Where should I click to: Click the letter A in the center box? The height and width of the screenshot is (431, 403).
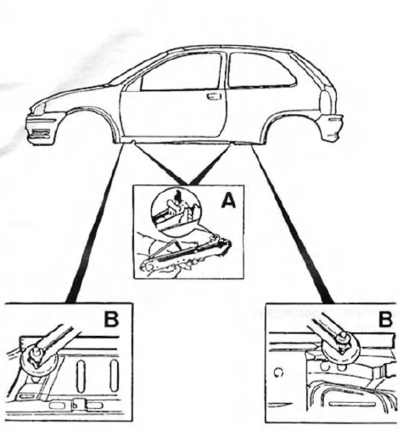(x=228, y=201)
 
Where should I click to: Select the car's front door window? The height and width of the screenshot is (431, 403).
(x=181, y=72)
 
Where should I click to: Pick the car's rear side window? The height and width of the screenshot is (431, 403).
(x=260, y=70)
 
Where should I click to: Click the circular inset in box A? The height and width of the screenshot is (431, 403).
(x=176, y=212)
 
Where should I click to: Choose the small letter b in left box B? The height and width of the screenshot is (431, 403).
(x=75, y=405)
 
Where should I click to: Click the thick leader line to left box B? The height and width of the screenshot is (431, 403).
(x=96, y=223)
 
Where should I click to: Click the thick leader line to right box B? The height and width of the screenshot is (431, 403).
(x=293, y=224)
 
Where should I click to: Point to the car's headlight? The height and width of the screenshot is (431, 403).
(x=39, y=108)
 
